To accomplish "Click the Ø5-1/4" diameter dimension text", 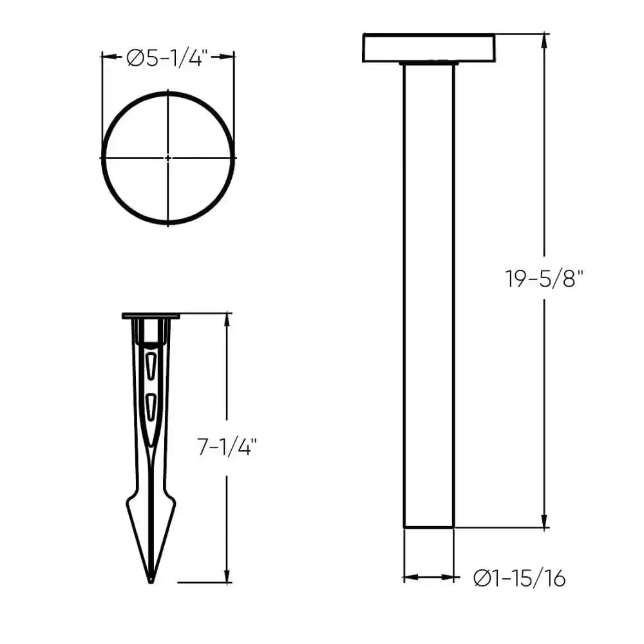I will click(166, 59).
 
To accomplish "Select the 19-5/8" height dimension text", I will click(544, 279).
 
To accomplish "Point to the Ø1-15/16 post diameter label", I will click(519, 578).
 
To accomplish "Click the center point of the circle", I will click(168, 157).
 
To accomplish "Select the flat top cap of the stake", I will click(151, 316).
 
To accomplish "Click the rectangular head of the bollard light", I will click(429, 48).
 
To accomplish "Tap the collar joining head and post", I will click(429, 64).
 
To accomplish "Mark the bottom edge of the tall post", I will click(429, 528).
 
